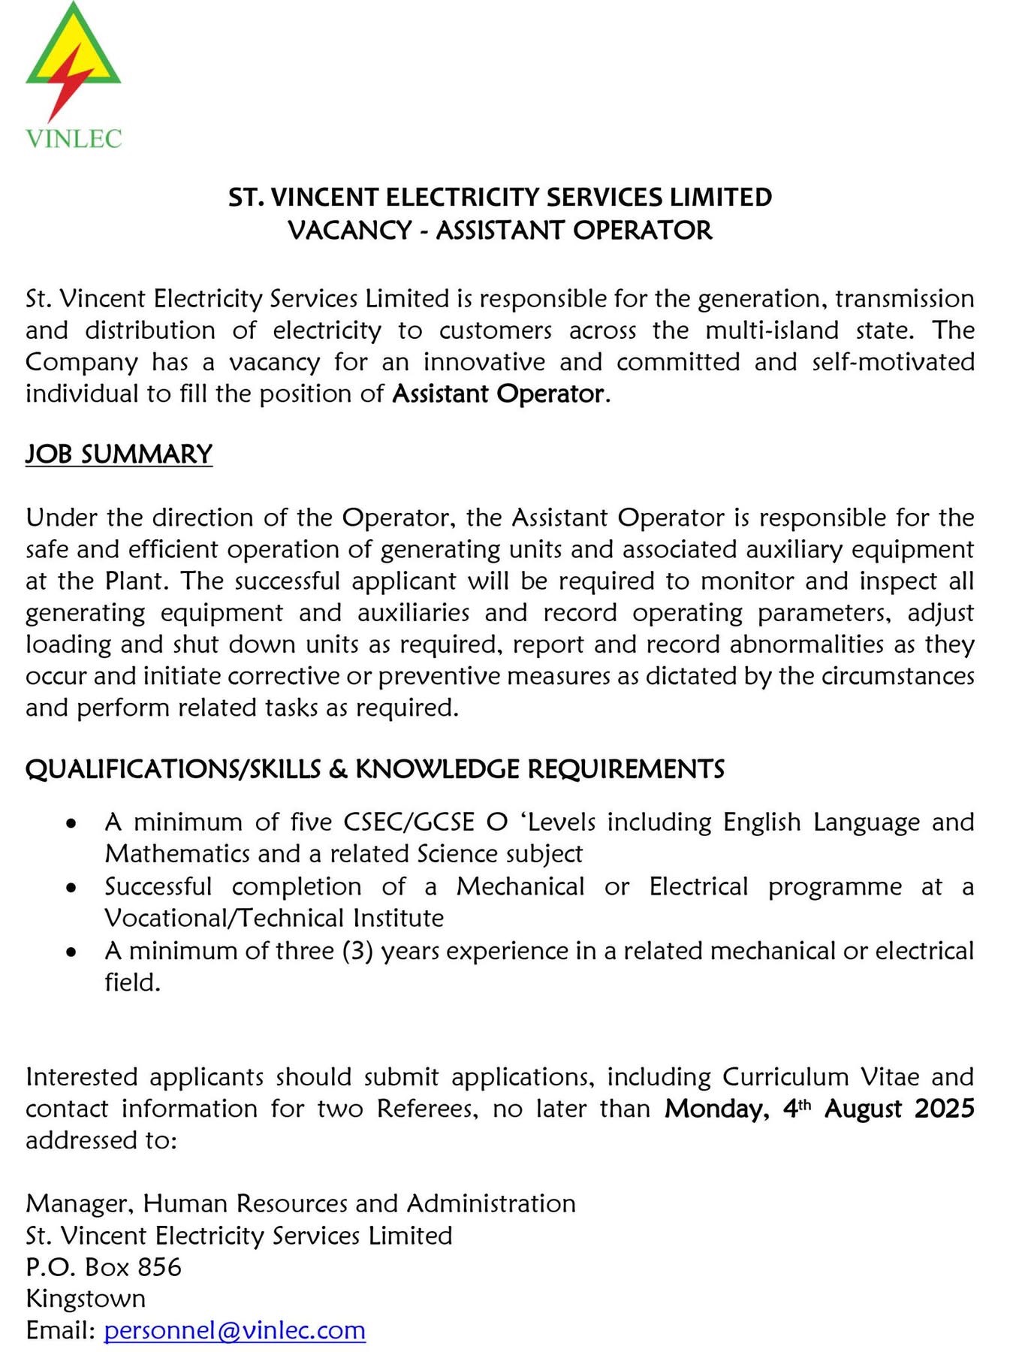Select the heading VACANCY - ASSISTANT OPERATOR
pos(500,230)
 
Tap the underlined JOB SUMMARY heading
pos(119,454)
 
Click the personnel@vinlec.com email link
pos(234,1330)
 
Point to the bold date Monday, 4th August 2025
pos(819,1109)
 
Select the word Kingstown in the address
pos(86,1299)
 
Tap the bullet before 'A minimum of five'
pos(71,823)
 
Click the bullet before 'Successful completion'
pos(71,888)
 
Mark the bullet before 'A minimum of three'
pos(71,952)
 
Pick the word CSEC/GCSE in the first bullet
pos(408,822)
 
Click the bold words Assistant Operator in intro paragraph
pos(498,394)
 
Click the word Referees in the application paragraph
pos(427,1109)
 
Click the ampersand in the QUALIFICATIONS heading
pos(337,770)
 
